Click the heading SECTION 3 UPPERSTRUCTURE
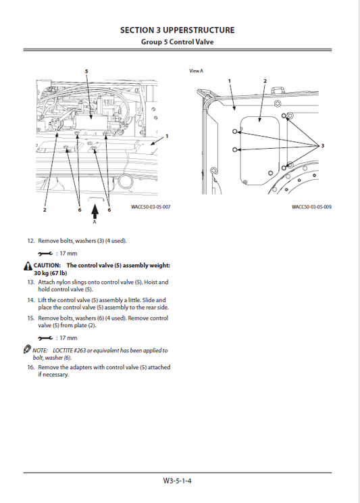[178, 30]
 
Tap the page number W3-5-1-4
[178, 481]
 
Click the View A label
[196, 71]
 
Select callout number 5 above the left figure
[86, 71]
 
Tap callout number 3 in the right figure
[322, 146]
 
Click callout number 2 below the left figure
[45, 210]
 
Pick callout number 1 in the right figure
[230, 80]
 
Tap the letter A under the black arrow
[95, 221]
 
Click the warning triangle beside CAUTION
[27, 266]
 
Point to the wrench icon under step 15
[44, 337]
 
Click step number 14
[30, 300]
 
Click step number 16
[30, 367]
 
